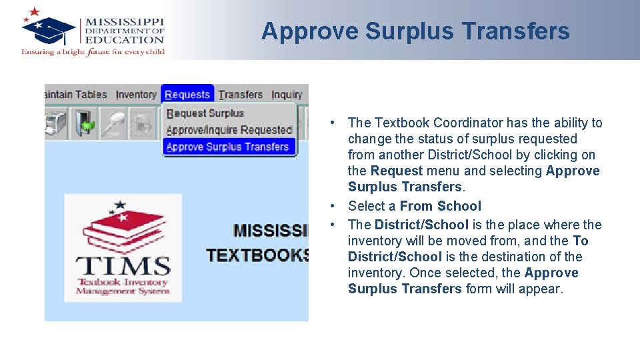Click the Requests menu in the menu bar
click(187, 95)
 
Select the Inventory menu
click(136, 95)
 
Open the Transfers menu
click(241, 95)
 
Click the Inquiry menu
click(287, 95)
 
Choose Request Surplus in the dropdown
click(205, 113)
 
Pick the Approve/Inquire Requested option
click(229, 130)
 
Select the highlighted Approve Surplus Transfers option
click(227, 147)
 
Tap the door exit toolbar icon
click(85, 124)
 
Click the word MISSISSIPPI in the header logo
click(124, 21)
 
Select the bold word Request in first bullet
click(397, 171)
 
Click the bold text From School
click(440, 206)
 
